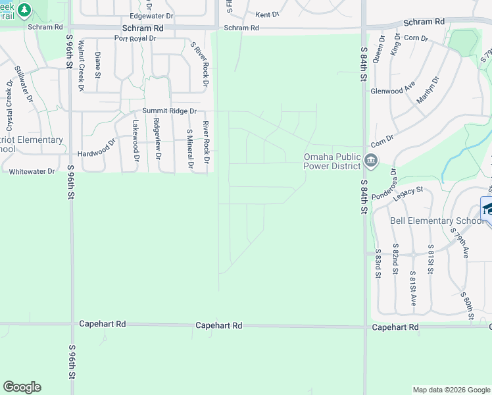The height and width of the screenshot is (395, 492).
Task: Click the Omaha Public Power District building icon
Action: [x=370, y=160]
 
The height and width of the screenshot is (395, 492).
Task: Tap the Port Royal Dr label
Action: [x=135, y=38]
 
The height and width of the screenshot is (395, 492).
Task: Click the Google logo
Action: [x=22, y=387]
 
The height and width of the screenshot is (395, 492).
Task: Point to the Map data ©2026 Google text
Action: [x=451, y=390]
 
